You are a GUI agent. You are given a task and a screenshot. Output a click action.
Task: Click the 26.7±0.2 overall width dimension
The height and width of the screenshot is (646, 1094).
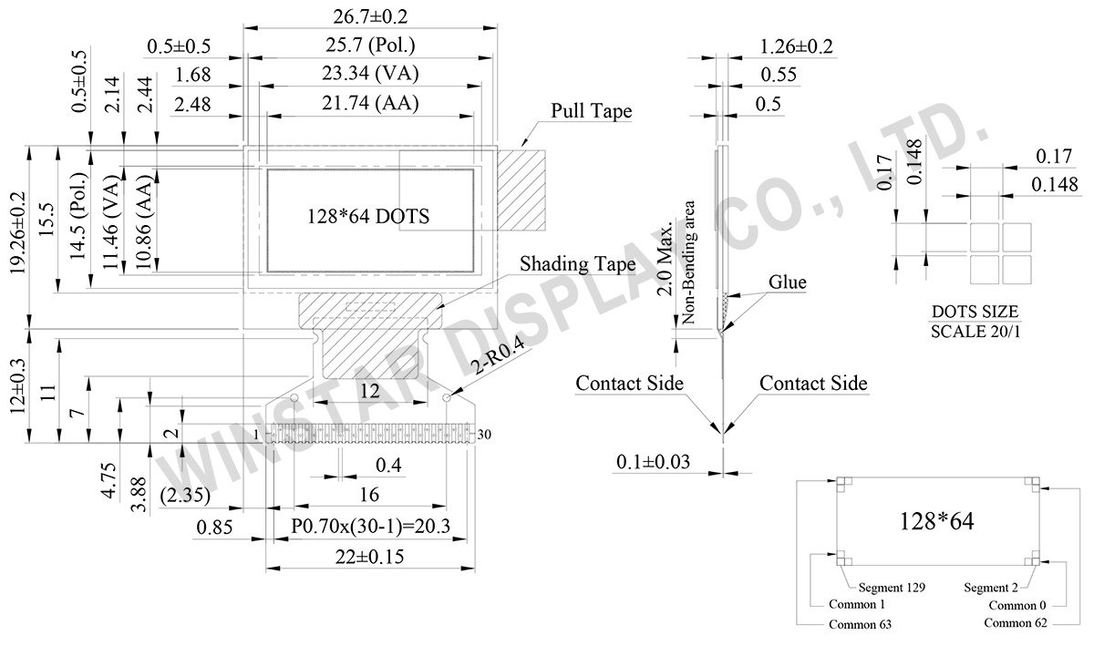tap(369, 15)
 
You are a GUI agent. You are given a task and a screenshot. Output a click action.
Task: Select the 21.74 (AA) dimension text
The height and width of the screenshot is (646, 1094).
tap(369, 104)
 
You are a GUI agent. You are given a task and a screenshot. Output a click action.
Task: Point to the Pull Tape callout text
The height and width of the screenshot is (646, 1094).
tap(591, 111)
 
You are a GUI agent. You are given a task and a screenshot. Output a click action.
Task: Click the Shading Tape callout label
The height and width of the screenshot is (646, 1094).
tap(577, 264)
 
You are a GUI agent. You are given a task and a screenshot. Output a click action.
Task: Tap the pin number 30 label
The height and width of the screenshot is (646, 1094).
tap(484, 435)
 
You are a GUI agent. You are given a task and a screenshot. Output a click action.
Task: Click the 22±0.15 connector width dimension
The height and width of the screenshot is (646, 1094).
tap(369, 557)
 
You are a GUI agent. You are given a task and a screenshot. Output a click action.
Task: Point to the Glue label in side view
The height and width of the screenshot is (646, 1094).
tap(787, 282)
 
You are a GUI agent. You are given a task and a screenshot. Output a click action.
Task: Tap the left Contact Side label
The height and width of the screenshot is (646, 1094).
tap(629, 384)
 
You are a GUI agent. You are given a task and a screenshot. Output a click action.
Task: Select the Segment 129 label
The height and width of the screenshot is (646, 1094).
tap(892, 588)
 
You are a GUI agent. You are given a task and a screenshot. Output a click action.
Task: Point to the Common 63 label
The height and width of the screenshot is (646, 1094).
tap(860, 624)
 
